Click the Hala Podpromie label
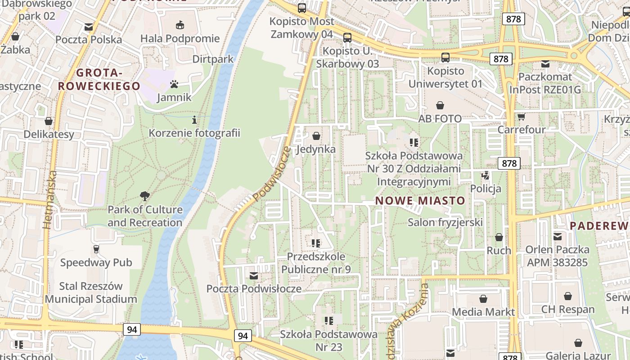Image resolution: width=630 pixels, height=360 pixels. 180,39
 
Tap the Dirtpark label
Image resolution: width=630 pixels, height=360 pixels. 213,59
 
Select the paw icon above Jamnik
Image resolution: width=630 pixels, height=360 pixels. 174,84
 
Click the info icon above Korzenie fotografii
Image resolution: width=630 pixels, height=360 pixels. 194,120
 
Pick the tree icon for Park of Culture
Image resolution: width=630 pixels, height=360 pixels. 144,196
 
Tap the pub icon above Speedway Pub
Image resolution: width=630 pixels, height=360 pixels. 96,249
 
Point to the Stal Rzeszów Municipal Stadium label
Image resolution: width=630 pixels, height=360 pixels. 91,292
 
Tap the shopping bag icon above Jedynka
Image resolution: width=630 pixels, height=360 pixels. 316,136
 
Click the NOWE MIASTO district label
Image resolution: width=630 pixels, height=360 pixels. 420,201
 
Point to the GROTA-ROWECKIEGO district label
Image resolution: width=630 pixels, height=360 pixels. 99,79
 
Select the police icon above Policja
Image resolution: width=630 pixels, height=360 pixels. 486,175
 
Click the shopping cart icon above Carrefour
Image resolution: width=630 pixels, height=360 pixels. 521,117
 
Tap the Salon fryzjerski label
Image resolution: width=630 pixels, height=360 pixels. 445,222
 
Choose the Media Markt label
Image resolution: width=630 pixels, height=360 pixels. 483,312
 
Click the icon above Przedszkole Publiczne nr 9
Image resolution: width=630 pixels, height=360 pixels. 316,243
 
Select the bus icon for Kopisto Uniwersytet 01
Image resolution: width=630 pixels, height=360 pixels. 445,58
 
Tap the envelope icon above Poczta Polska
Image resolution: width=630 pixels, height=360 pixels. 89,27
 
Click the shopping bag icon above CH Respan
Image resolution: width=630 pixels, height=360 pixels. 568,296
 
